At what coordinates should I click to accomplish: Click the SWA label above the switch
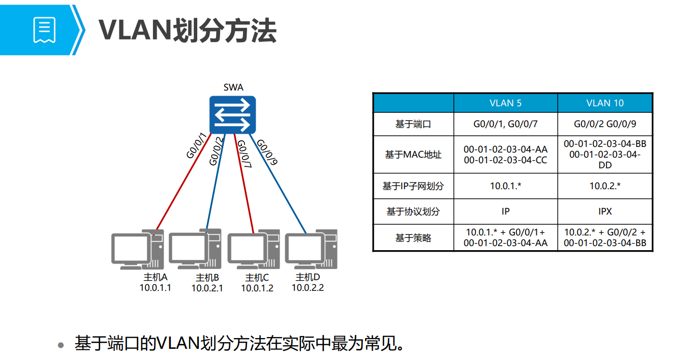(x=233, y=87)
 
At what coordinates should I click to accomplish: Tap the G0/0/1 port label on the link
(x=196, y=146)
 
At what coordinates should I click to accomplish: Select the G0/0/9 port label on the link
(x=266, y=153)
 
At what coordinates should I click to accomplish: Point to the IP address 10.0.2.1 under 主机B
(x=207, y=288)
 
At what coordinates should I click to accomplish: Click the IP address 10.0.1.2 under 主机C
(x=257, y=288)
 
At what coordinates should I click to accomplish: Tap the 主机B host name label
(x=207, y=278)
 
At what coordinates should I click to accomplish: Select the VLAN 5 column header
(x=505, y=103)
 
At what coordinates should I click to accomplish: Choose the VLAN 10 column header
(x=605, y=103)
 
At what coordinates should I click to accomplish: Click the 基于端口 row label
(x=413, y=124)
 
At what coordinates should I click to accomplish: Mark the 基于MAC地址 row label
(x=413, y=155)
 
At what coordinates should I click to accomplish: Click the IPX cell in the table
(x=605, y=212)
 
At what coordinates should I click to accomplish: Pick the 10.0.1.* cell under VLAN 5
(x=505, y=186)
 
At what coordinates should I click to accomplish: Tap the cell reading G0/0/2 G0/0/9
(x=605, y=124)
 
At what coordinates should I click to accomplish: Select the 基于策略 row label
(x=413, y=237)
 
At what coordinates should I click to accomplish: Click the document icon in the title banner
(x=44, y=30)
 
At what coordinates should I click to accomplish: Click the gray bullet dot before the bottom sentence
(x=61, y=345)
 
